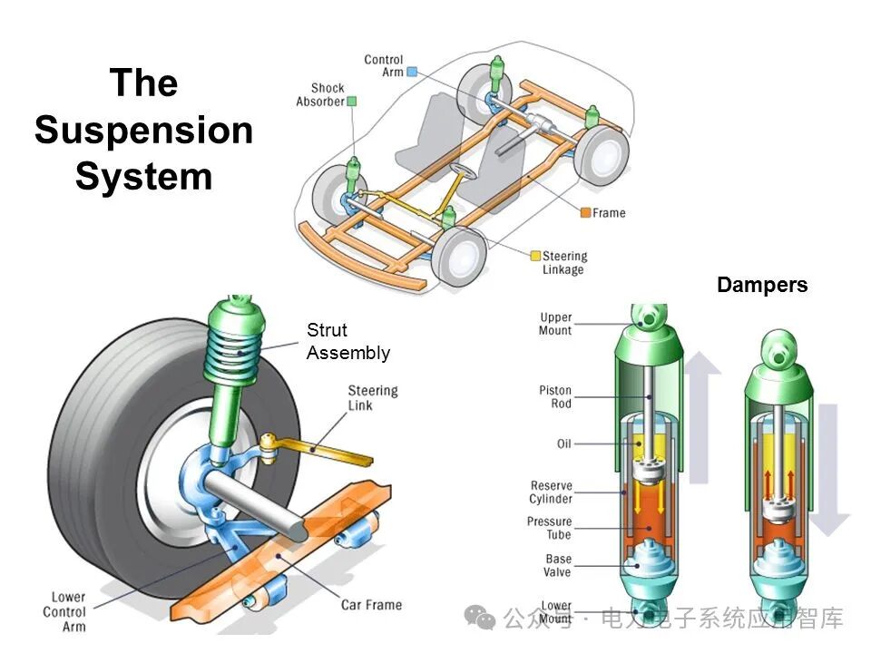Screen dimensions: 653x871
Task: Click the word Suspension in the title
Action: (143, 130)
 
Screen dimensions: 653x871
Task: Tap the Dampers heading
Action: (761, 285)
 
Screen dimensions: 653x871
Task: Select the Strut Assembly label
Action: (347, 342)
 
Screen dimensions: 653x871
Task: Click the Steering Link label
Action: (372, 397)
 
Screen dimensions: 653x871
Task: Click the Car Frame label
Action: (371, 605)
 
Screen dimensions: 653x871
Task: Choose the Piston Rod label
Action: (555, 396)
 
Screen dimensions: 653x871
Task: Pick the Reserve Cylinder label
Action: (551, 492)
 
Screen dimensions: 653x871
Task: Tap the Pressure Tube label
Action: (549, 528)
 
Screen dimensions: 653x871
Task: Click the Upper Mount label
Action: (555, 324)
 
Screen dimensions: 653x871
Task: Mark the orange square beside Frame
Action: (586, 212)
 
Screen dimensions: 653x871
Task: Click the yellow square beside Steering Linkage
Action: (535, 257)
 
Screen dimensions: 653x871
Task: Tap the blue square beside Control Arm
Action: (412, 71)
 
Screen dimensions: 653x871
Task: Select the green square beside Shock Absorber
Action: (351, 101)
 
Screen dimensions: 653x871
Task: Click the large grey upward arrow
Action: (702, 408)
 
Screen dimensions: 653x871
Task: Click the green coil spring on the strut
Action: (238, 349)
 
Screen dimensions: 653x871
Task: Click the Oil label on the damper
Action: (563, 443)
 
